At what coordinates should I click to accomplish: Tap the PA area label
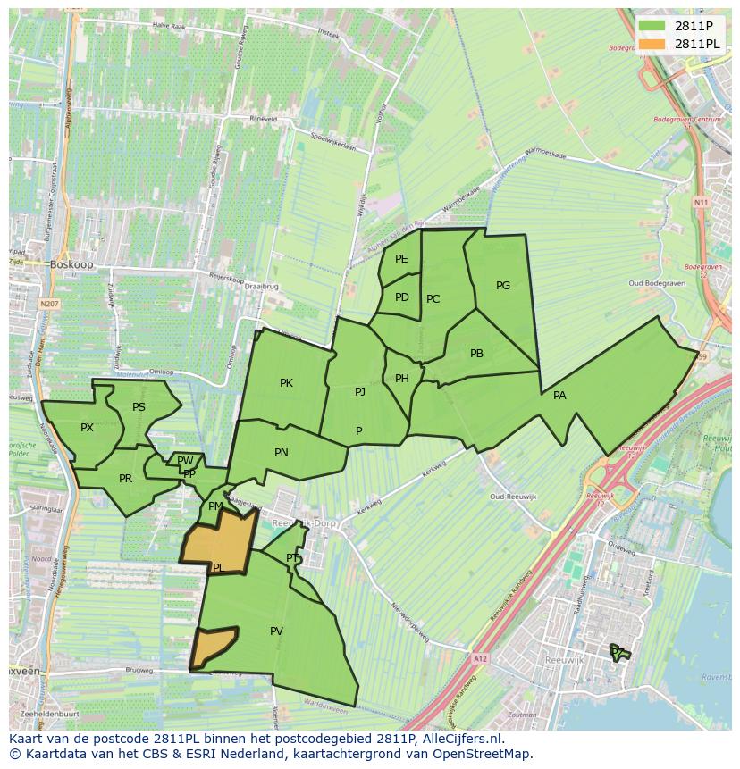pos(559,396)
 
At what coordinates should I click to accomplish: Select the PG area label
pos(503,286)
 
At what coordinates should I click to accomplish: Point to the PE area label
pos(401,259)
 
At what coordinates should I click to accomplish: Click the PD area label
pos(401,297)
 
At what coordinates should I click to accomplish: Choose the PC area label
pos(433,299)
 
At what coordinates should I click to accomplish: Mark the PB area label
pos(476,354)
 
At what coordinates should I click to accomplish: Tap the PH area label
pos(401,379)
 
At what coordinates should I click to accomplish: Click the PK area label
pos(286,383)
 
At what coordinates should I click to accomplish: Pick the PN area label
pos(282,453)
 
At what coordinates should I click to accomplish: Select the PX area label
pos(87,428)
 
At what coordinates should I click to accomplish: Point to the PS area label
pos(139,407)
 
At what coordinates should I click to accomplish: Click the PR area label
pos(125,479)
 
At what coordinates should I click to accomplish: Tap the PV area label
pos(276,631)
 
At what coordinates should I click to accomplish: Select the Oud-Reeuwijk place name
pos(511,497)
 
